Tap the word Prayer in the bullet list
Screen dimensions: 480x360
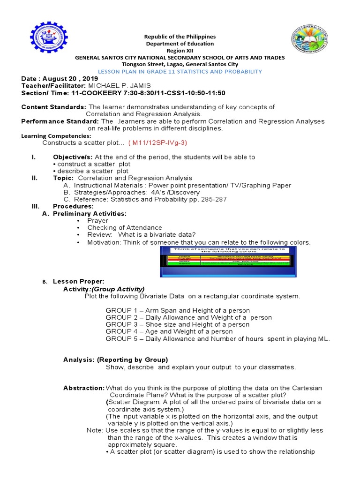[x=97, y=221]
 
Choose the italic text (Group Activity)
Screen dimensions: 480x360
[x=118, y=289]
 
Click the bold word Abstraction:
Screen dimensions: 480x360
[x=84, y=388]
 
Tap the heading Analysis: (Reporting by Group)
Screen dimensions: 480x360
[x=115, y=360]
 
